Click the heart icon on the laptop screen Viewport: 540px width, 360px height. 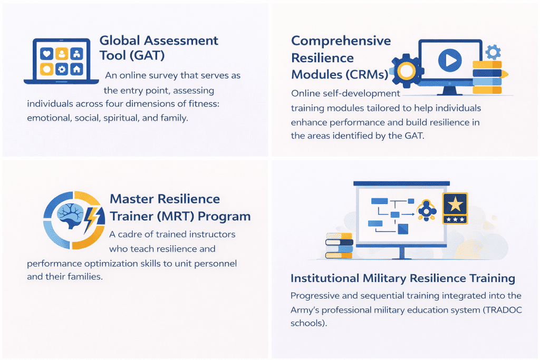(47, 54)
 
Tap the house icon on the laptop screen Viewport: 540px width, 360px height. (76, 69)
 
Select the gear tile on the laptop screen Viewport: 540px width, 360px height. (62, 69)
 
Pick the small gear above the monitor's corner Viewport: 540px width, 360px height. (493, 52)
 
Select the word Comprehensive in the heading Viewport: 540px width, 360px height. (341, 41)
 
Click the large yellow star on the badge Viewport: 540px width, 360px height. (455, 203)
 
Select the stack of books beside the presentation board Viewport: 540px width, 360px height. (338, 245)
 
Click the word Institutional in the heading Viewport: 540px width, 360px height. (324, 278)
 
